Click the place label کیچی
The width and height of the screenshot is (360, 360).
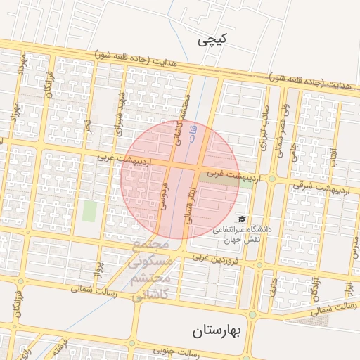(213, 41)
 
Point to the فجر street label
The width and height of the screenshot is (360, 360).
(89, 124)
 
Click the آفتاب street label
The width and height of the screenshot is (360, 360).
(333, 148)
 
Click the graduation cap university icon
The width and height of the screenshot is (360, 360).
(242, 219)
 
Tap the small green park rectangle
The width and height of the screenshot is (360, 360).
(89, 211)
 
